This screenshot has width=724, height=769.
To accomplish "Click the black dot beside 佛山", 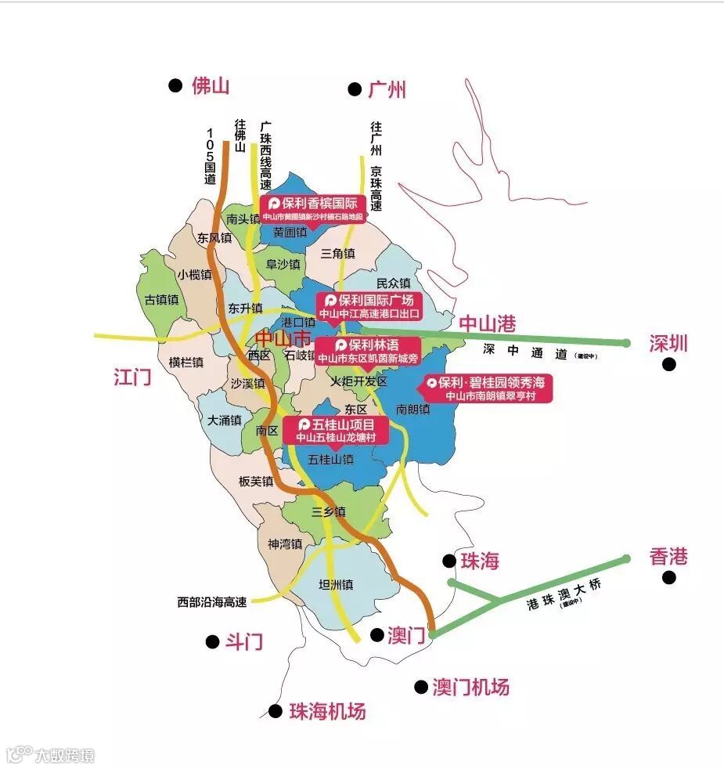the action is [175, 85].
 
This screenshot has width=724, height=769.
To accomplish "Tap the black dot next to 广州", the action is [355, 89].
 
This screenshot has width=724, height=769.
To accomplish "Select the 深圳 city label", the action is [668, 343].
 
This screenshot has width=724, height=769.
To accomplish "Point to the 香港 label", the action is [668, 557].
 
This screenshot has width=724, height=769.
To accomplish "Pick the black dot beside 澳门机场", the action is [421, 687].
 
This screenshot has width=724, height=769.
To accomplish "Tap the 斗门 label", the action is [244, 642].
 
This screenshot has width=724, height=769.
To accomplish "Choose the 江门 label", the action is [131, 377].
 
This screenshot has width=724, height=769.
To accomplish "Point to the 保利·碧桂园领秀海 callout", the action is [488, 388].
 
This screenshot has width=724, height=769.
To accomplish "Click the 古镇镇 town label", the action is [162, 300].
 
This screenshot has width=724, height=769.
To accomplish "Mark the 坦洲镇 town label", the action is [337, 584].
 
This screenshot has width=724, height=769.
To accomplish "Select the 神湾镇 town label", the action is [285, 543].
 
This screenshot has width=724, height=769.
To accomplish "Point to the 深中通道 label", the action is [524, 352].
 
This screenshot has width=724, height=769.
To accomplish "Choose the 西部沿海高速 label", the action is [212, 602].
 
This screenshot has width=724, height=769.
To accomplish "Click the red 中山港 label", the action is [487, 323].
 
